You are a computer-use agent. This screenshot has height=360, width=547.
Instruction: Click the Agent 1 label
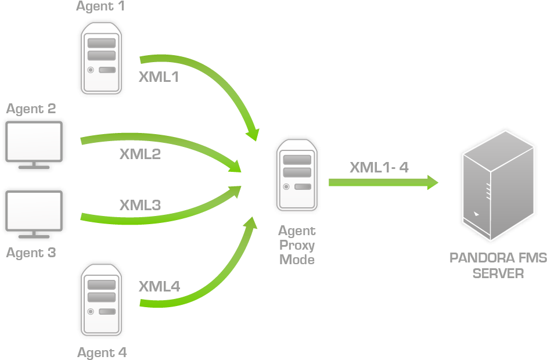click(x=100, y=7)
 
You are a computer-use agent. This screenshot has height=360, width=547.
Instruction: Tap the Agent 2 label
click(x=31, y=109)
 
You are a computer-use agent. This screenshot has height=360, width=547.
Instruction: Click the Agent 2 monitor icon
click(x=34, y=144)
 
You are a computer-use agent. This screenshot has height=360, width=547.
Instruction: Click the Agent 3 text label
click(x=31, y=253)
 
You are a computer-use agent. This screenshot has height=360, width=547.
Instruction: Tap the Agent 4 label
click(x=102, y=352)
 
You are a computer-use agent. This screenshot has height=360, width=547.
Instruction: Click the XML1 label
click(x=159, y=77)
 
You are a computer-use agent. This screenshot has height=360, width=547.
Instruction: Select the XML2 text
click(x=140, y=154)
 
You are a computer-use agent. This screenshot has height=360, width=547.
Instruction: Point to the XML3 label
click(x=140, y=205)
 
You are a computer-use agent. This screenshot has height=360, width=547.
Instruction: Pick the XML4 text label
click(x=159, y=286)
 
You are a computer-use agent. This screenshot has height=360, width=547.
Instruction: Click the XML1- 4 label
click(x=379, y=167)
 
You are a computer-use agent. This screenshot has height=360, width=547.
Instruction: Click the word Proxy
click(x=297, y=245)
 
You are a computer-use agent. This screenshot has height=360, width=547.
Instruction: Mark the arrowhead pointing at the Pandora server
click(x=431, y=182)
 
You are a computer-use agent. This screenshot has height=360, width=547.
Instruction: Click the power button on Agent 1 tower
click(x=91, y=70)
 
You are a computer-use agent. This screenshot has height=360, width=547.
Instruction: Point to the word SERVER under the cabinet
click(x=498, y=273)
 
